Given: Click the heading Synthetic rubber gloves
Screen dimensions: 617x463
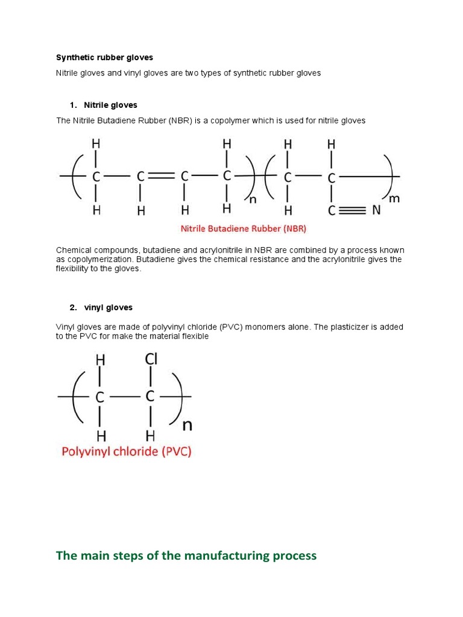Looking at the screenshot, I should pyautogui.click(x=104, y=58).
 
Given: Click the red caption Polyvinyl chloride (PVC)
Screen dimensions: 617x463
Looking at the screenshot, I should pyautogui.click(x=126, y=451).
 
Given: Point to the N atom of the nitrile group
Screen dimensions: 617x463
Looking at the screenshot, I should pyautogui.click(x=376, y=211).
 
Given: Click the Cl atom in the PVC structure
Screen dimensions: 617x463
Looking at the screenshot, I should pyautogui.click(x=151, y=360).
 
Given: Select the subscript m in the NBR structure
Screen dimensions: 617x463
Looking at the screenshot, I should pyautogui.click(x=395, y=198).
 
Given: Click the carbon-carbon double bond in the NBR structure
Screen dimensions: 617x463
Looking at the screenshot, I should pyautogui.click(x=162, y=177).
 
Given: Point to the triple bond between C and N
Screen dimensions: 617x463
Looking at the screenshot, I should pyautogui.click(x=353, y=211).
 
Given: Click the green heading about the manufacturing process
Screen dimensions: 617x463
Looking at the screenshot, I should pyautogui.click(x=186, y=556).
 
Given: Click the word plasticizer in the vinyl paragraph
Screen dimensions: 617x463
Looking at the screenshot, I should pyautogui.click(x=353, y=327).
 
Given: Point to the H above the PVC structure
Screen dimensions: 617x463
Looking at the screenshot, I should pyautogui.click(x=100, y=360).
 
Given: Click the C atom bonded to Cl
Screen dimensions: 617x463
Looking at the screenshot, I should pyautogui.click(x=151, y=397).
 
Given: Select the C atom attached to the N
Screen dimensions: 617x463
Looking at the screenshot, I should pyautogui.click(x=331, y=211).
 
